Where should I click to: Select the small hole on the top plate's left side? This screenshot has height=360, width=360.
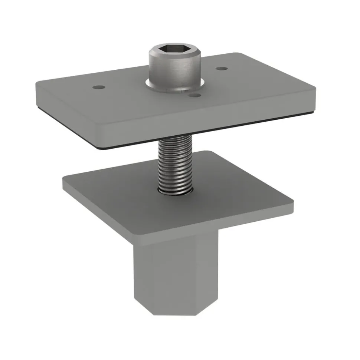coord(98,87)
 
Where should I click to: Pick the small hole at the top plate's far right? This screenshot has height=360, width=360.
coord(221,69)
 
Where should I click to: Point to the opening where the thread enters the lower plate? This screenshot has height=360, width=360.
coord(174,192)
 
